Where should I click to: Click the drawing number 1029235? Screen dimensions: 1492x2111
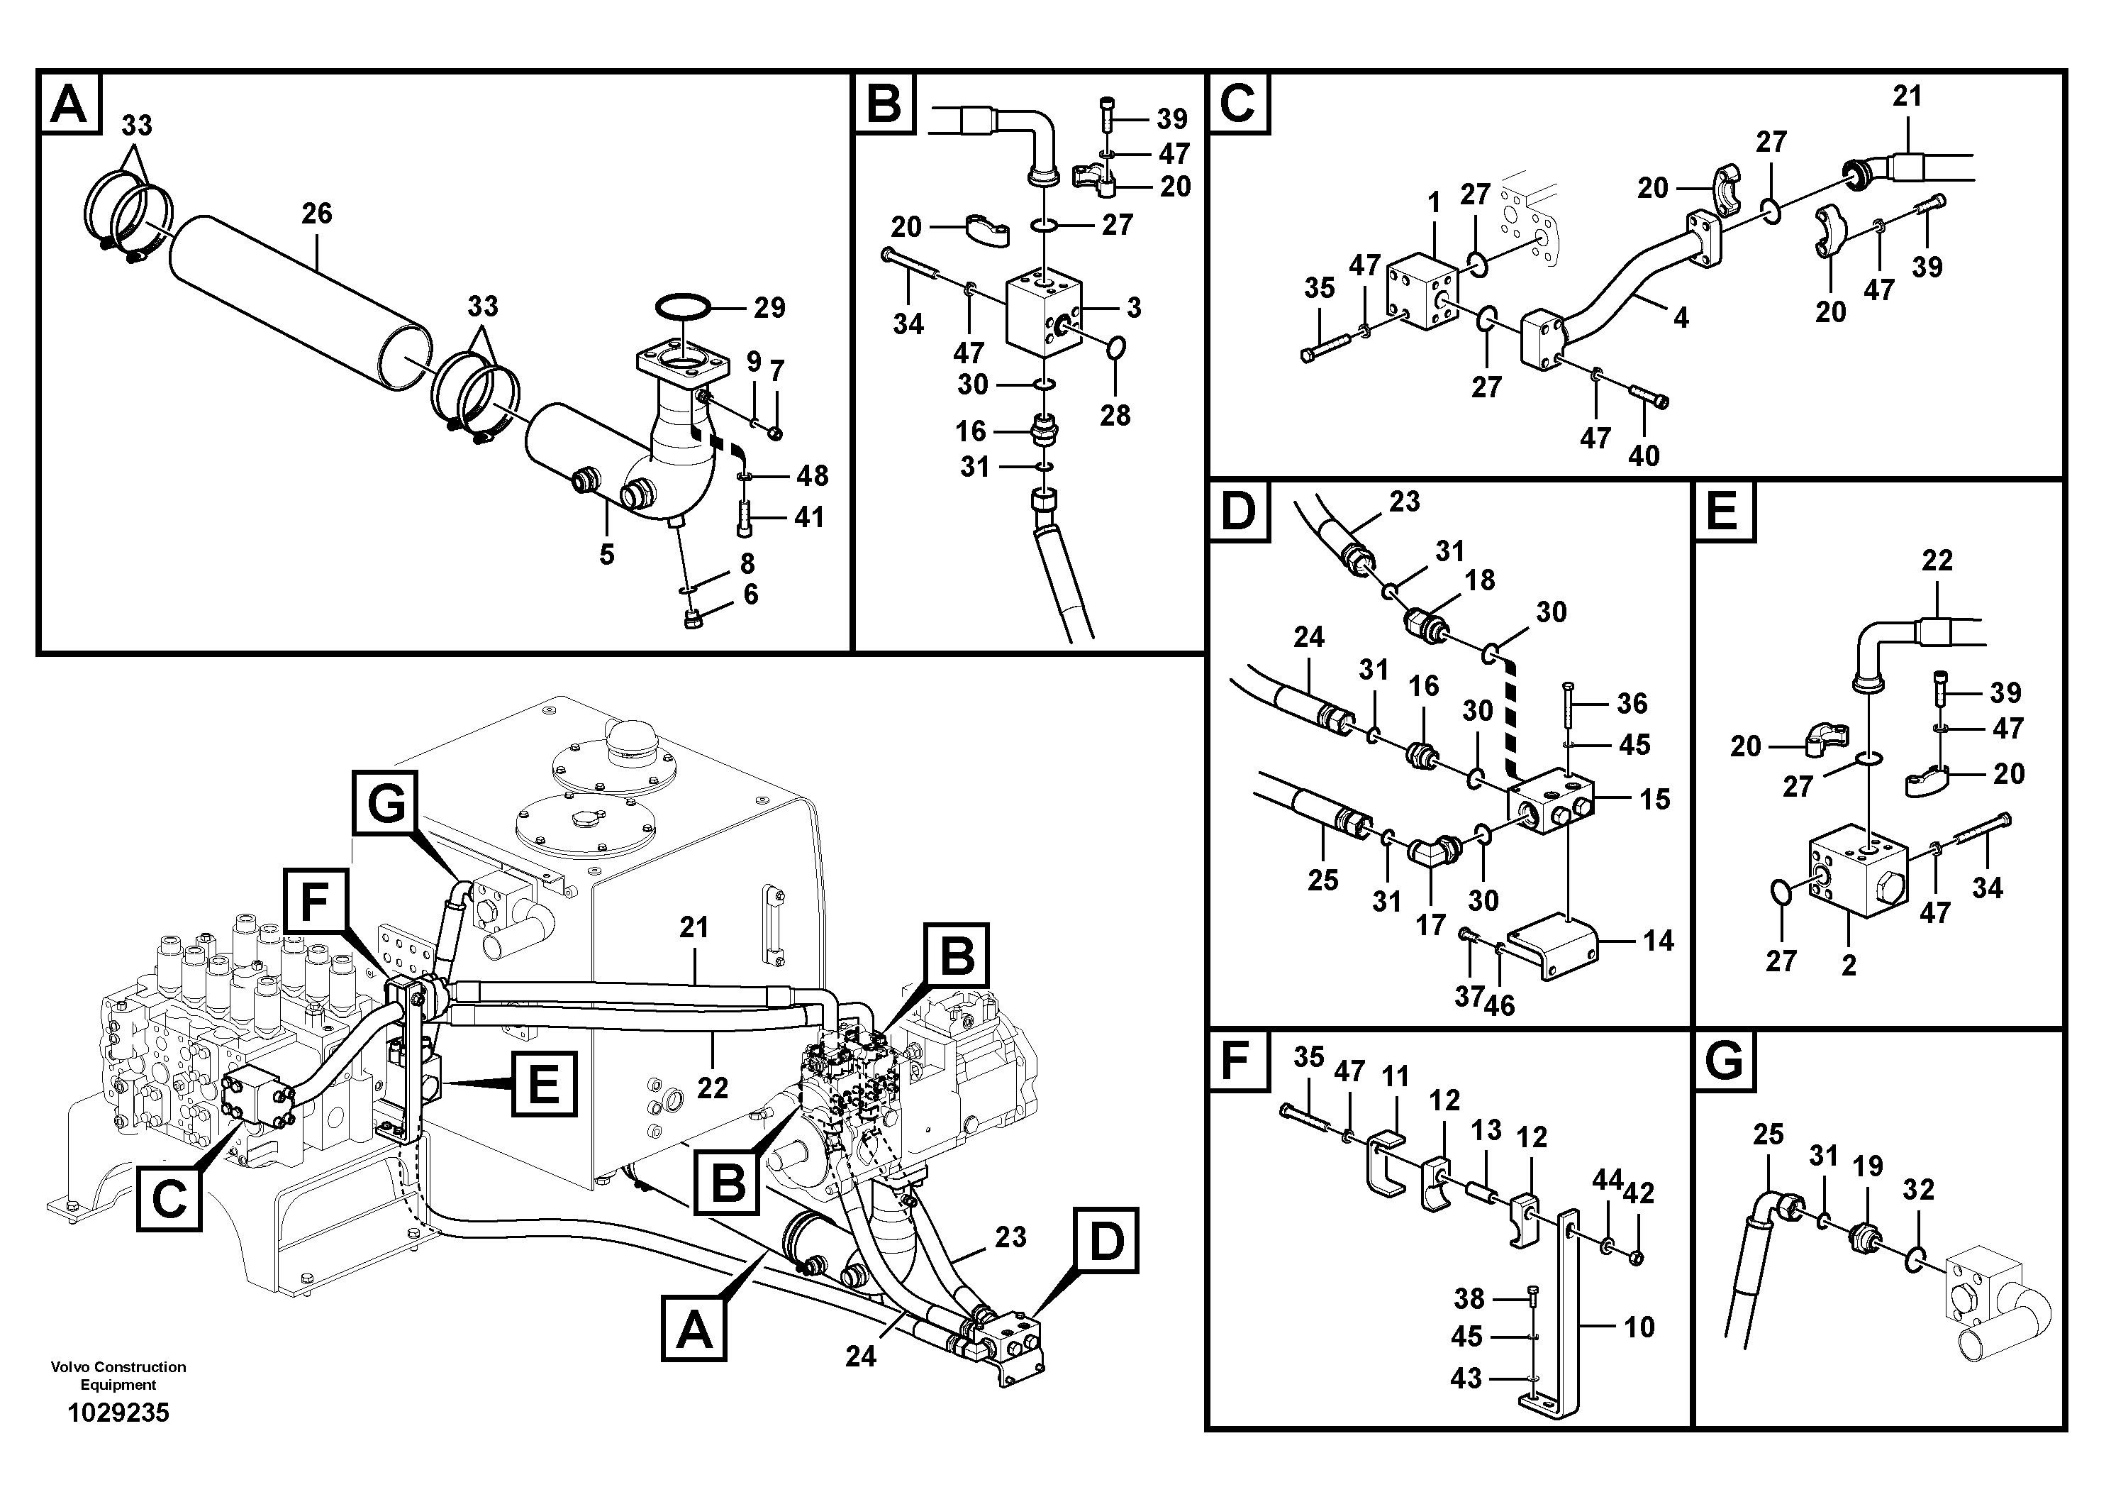[118, 1413]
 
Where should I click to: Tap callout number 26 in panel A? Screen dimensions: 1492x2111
[316, 214]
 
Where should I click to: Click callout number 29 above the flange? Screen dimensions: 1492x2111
[769, 307]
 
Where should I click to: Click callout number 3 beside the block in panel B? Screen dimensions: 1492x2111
[1134, 307]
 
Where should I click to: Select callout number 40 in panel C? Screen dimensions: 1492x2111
[1644, 455]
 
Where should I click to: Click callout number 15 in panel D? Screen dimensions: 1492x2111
[1655, 800]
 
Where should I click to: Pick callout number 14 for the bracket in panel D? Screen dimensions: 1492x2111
[1658, 940]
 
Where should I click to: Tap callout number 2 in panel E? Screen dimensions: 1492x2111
[1848, 965]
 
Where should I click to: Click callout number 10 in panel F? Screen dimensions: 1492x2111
[1639, 1327]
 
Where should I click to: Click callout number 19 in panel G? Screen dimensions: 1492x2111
[1867, 1166]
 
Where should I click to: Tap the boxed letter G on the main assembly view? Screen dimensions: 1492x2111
[385, 806]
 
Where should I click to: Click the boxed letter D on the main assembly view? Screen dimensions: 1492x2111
[1105, 1241]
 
